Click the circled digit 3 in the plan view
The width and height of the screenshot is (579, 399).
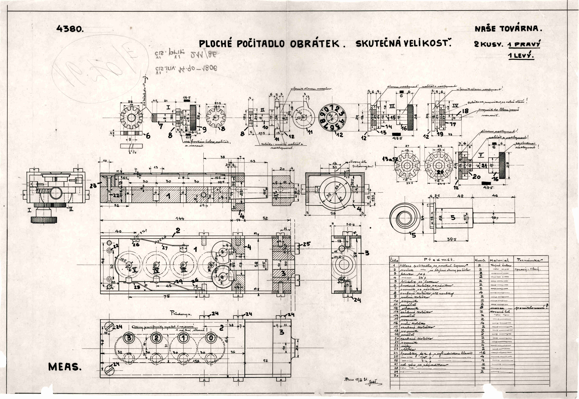pyautogui.click(x=129, y=338)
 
